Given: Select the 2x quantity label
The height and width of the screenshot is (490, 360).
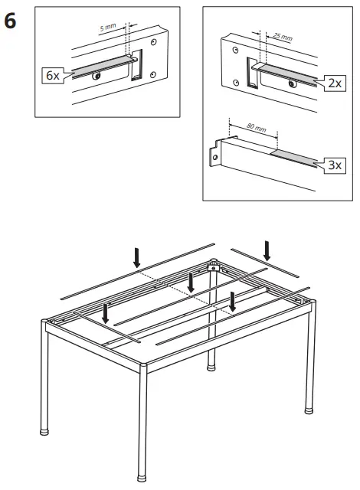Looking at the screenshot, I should [x=333, y=83].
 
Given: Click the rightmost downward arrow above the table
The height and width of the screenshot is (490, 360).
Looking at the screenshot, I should [x=267, y=250].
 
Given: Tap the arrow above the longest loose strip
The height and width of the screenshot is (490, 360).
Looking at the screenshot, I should [x=137, y=258].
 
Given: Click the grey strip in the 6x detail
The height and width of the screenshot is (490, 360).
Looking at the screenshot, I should [x=100, y=66].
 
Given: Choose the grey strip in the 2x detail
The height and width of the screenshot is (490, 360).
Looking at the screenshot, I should [x=287, y=75].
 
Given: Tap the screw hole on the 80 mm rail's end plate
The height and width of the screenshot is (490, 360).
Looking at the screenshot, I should [x=216, y=158].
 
